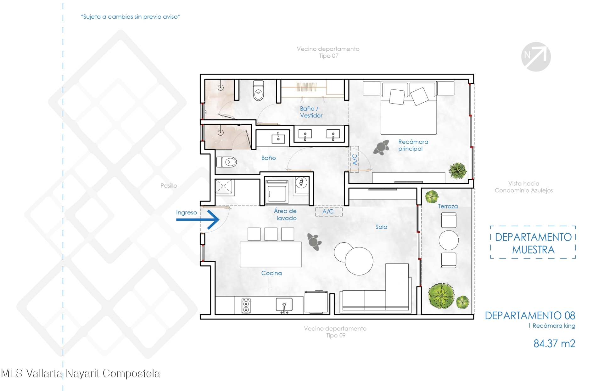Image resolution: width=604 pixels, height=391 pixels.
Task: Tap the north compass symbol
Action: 536,57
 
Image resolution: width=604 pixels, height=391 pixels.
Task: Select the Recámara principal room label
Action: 413,145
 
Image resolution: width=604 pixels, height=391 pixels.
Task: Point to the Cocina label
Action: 271,273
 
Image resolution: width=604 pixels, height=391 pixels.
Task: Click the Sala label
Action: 381,227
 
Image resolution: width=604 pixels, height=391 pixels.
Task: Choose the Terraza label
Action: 448,206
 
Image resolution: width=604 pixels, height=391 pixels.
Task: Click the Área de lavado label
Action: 286,214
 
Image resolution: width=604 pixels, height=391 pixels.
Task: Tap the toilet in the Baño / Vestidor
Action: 259,90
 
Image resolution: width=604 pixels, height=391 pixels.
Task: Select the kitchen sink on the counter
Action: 284,305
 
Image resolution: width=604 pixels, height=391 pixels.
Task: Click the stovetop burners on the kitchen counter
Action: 246,306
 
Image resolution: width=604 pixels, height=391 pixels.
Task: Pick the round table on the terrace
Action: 449,240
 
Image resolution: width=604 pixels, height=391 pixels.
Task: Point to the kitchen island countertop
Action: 271,254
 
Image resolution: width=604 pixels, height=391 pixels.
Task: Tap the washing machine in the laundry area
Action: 277,191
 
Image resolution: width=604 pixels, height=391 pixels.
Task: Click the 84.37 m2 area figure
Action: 554,343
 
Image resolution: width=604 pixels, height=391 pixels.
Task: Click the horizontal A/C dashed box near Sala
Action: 329,212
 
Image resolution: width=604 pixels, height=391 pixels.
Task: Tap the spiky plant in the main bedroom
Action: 458,171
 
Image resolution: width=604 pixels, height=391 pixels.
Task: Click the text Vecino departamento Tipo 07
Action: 328,52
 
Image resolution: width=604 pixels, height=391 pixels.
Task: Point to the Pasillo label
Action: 169,186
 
